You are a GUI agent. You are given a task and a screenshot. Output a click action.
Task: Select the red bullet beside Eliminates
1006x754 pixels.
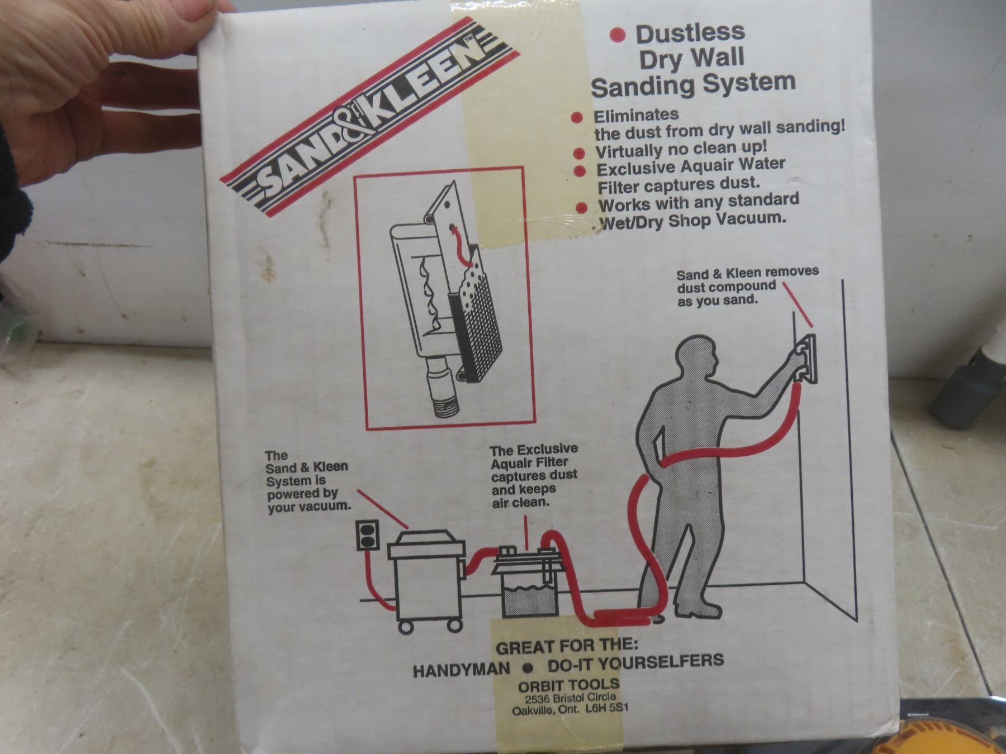click(578, 118)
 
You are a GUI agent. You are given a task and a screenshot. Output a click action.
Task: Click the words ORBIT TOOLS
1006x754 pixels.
click(569, 685)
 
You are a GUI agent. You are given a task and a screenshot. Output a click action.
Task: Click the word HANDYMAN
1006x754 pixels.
click(461, 669)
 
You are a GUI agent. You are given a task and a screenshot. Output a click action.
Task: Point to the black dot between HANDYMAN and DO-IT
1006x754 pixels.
click(526, 667)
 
